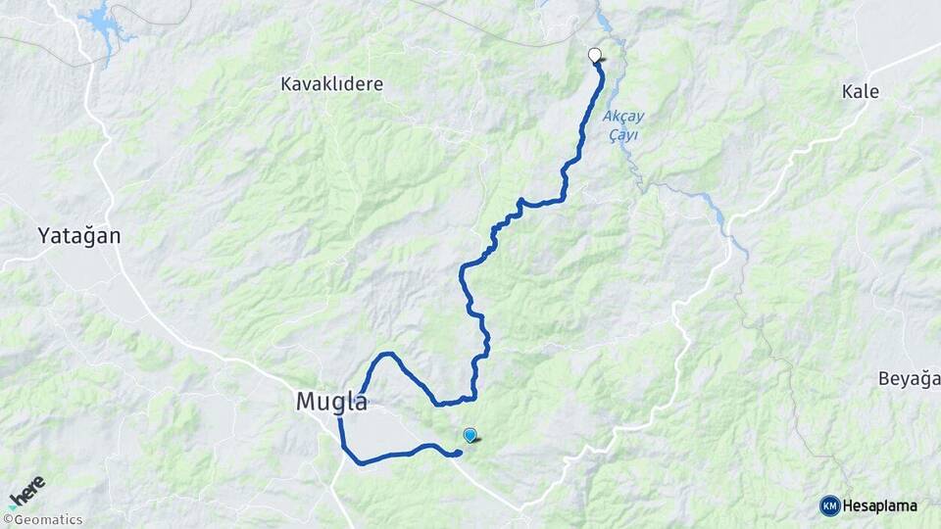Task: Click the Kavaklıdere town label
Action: [331, 84]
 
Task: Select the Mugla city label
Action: [331, 402]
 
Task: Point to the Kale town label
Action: [860, 92]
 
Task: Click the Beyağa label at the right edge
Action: [909, 379]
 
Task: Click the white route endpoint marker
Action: [594, 55]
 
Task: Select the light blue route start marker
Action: [470, 435]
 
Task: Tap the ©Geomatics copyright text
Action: [43, 520]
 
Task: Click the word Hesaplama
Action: [880, 506]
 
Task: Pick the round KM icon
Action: [829, 506]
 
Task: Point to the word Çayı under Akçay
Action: [620, 135]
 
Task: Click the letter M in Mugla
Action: [304, 402]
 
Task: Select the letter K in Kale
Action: [847, 92]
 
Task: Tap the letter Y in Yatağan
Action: [44, 235]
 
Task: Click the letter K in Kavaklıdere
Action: [286, 84]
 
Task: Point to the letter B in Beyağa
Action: [883, 379]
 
